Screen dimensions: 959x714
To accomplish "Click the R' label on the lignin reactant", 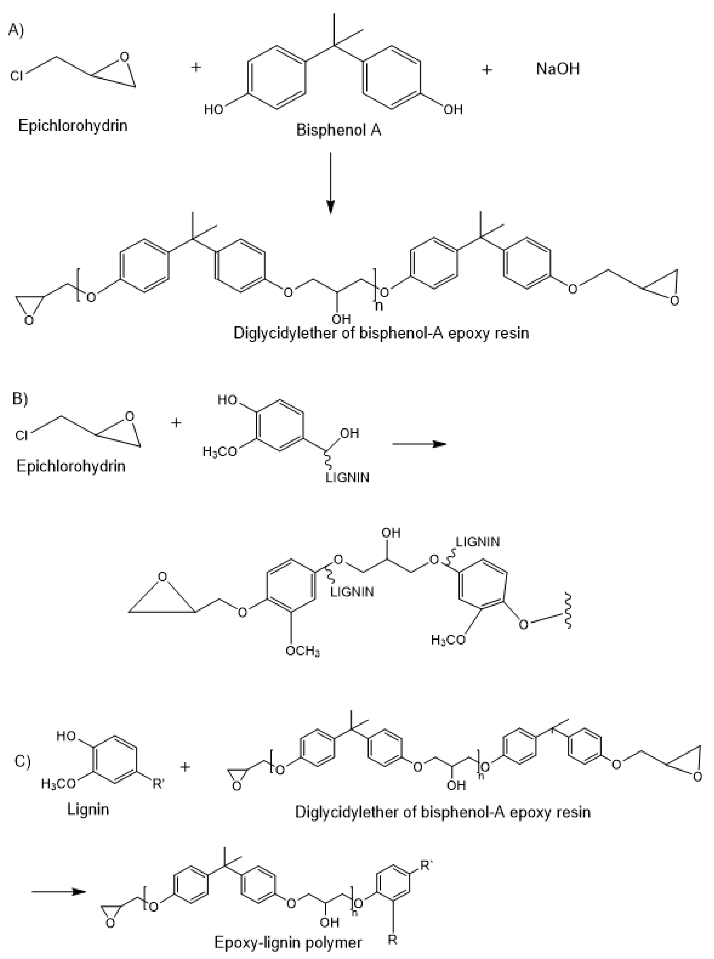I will (x=158, y=784).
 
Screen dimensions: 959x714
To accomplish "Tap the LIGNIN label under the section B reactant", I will (x=347, y=478).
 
